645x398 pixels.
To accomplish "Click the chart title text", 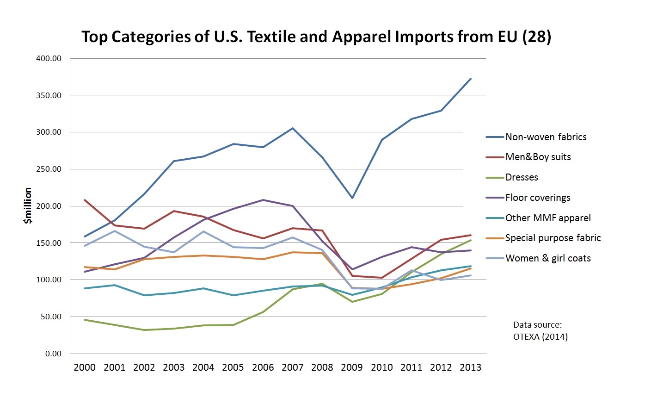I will (316, 37).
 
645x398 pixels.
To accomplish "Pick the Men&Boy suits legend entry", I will (538, 157).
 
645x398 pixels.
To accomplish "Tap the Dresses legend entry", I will (522, 178).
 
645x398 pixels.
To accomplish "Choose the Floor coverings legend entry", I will (538, 198).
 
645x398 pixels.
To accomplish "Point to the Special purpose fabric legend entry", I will (553, 238).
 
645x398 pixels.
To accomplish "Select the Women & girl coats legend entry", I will (548, 259).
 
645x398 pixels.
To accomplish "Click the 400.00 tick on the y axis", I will (49, 59).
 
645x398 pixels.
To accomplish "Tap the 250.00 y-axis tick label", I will (49, 169).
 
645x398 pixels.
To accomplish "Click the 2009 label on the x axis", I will (352, 368).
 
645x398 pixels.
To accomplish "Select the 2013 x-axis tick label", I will (471, 368).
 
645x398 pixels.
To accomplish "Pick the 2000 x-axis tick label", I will (85, 368).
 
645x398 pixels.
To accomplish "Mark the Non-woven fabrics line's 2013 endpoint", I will (471, 79).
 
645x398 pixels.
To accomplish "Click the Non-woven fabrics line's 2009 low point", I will (352, 198).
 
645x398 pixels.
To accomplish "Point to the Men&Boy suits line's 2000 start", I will (85, 200).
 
